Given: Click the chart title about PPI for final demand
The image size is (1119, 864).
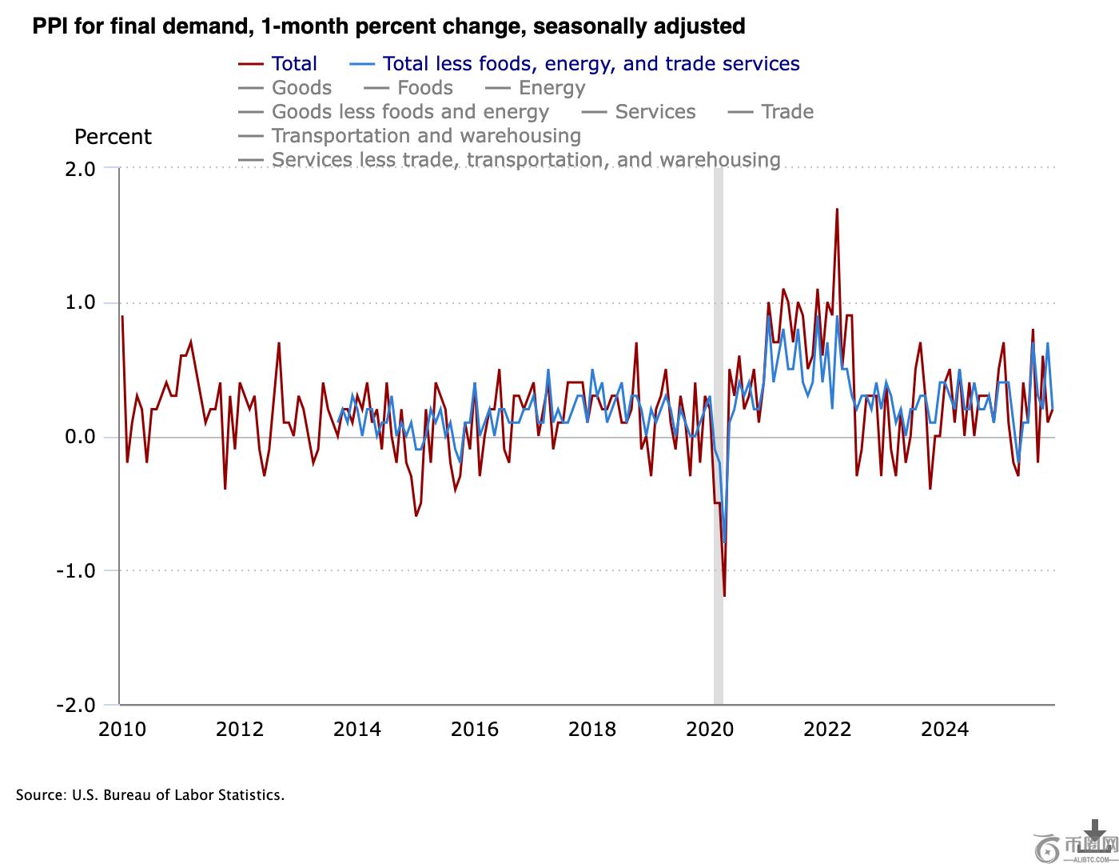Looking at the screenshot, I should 388,26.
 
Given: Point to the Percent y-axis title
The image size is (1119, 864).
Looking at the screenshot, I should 113,137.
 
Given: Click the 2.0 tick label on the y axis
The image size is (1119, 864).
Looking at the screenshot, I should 81,169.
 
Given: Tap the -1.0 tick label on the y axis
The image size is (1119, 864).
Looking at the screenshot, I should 76,571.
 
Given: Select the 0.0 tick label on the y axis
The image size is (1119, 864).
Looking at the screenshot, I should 81,437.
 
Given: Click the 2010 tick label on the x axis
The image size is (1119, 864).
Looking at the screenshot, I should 122,729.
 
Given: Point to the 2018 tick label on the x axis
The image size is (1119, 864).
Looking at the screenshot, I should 592,729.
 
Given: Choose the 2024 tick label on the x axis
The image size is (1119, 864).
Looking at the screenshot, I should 945,729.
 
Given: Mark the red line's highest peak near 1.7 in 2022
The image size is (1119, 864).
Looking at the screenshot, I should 837,210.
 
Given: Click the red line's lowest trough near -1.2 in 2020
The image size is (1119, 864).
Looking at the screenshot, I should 724,595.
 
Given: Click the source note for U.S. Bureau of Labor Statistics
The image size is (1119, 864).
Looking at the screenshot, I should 150,795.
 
